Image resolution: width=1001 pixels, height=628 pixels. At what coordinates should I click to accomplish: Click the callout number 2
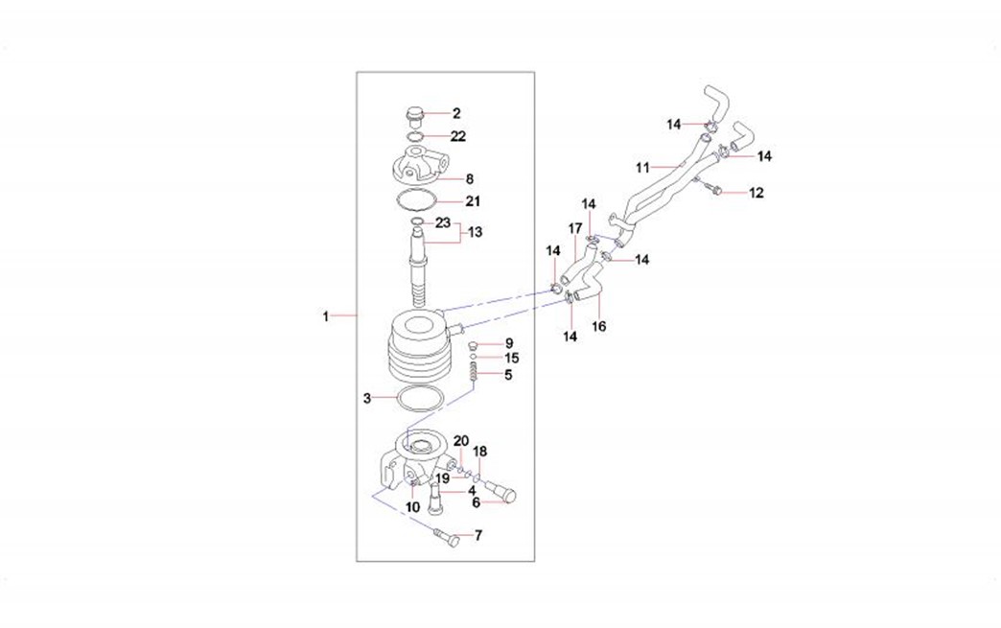[456, 113]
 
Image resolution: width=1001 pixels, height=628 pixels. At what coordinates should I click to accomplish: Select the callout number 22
[458, 136]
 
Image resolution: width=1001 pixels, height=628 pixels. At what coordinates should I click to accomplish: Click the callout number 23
[443, 223]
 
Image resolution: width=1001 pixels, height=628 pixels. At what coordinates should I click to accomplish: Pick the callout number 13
[476, 232]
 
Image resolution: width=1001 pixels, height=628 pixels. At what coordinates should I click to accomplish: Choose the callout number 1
[326, 315]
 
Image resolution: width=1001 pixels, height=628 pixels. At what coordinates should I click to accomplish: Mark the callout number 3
[366, 397]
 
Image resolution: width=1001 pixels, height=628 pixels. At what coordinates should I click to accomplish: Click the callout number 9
[509, 343]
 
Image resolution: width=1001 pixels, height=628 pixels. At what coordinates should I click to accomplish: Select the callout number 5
[508, 375]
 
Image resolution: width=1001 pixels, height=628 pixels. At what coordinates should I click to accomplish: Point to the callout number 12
[757, 194]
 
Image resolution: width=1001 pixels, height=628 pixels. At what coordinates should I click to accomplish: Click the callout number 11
[642, 167]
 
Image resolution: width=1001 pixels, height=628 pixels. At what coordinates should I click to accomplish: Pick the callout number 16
[599, 326]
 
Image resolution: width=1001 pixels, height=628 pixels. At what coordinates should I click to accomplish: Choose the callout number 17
[575, 228]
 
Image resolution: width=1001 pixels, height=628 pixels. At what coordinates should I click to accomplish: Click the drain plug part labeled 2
[415, 118]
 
